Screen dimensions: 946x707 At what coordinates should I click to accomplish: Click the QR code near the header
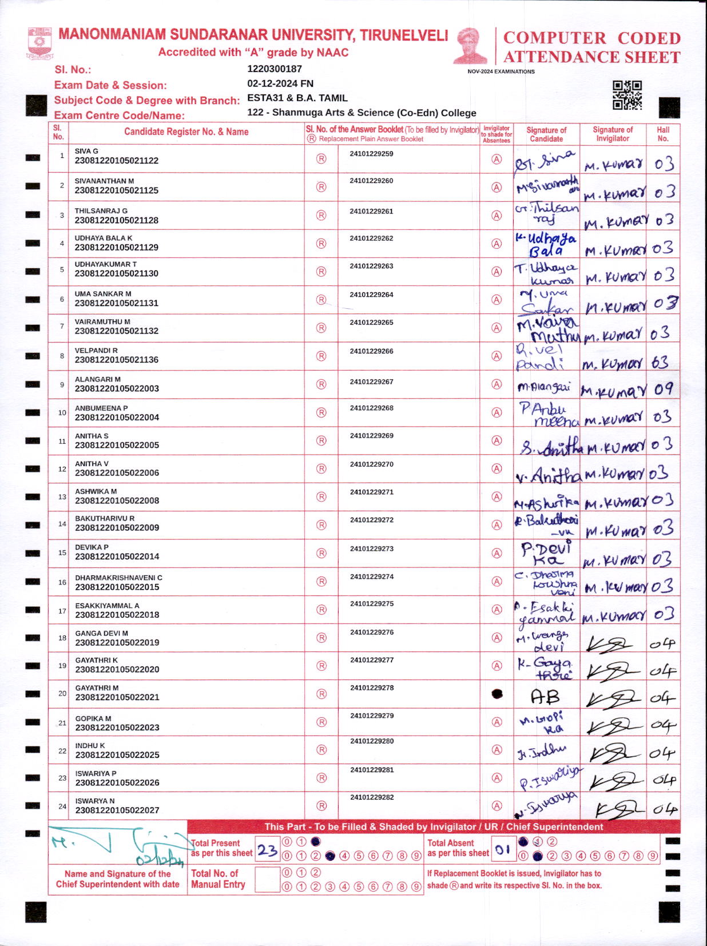627,95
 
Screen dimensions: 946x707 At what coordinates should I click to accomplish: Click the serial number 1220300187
275,69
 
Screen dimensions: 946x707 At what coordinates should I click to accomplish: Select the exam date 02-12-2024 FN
280,84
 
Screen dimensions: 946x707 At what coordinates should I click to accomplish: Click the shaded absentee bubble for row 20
497,694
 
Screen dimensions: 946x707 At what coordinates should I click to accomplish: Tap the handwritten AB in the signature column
545,697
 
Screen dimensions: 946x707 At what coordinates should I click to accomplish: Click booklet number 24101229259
371,154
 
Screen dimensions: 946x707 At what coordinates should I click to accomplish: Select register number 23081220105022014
117,557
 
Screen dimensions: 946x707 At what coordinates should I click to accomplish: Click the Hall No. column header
663,134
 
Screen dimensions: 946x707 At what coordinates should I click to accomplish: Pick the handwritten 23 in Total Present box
267,850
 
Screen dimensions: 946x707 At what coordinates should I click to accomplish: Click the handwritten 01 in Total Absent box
503,850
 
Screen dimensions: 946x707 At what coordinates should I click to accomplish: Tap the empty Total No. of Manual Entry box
267,880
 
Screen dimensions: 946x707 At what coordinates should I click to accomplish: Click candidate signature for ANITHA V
546,475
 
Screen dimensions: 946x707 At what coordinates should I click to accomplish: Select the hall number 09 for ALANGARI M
664,389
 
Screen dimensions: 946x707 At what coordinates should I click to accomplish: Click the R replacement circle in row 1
321,159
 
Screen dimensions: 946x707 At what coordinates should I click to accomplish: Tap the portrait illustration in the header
471,46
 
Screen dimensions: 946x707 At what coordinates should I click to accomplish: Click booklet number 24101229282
372,797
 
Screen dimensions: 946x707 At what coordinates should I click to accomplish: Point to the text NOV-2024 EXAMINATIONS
501,71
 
